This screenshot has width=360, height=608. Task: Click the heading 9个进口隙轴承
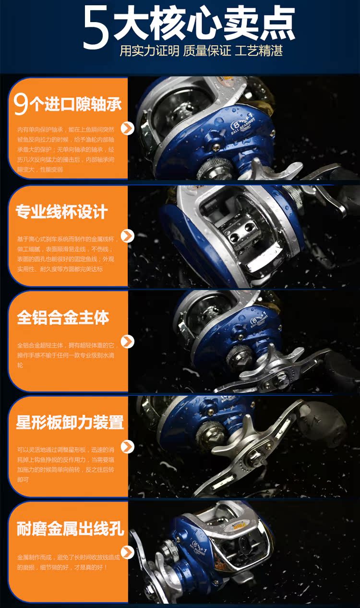click(x=68, y=104)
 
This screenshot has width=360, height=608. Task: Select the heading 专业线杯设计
click(x=62, y=212)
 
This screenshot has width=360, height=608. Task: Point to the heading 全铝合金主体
click(x=63, y=317)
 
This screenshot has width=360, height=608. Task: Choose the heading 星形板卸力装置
click(x=70, y=423)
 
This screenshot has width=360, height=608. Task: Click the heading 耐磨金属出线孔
click(x=70, y=529)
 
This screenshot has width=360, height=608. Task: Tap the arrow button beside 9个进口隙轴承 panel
click(x=127, y=128)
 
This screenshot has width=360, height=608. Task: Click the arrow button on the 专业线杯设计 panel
click(x=127, y=236)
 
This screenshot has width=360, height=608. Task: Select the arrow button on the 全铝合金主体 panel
click(x=127, y=341)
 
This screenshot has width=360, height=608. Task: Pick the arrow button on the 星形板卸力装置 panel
click(x=127, y=447)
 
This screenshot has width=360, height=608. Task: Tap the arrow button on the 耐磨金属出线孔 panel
click(x=127, y=552)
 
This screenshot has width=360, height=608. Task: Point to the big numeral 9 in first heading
click(x=21, y=104)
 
